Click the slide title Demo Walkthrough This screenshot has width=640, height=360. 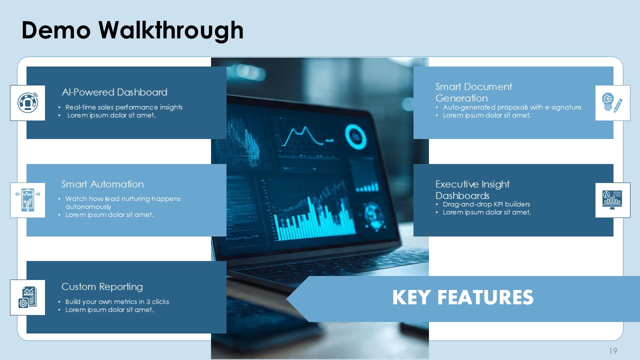[x=132, y=30]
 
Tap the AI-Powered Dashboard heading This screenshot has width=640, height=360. [x=114, y=92]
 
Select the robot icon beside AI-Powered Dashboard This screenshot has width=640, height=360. [x=27, y=103]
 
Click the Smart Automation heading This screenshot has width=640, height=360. [x=102, y=184]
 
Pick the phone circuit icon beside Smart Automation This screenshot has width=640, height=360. [x=27, y=200]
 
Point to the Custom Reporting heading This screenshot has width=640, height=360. [x=102, y=286]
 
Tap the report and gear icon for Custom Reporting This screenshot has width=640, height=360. [x=27, y=297]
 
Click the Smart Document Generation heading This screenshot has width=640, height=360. [x=473, y=92]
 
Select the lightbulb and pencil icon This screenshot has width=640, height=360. [x=612, y=102]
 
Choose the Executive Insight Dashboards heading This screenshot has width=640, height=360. [x=472, y=189]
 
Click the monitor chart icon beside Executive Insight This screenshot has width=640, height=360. [x=612, y=200]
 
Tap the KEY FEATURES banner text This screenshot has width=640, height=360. [x=462, y=297]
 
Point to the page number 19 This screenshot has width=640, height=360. [x=613, y=350]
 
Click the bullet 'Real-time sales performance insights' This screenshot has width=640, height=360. [x=124, y=107]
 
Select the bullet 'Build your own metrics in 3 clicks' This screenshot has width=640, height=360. [x=117, y=301]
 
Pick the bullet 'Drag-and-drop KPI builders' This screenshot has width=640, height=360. [x=486, y=204]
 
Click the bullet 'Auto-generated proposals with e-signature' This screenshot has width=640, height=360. [x=512, y=107]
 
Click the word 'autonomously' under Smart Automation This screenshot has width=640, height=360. [x=88, y=206]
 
